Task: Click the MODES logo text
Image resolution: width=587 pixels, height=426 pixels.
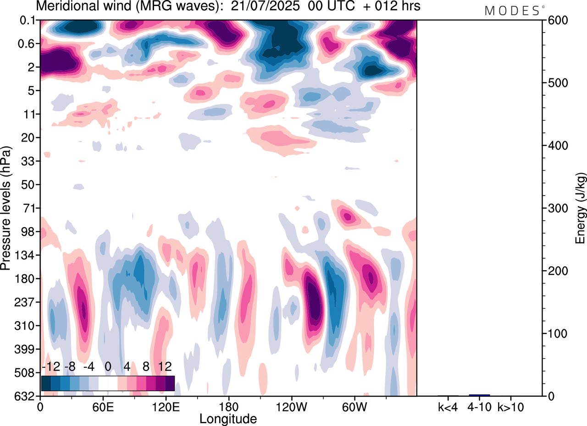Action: point(512,11)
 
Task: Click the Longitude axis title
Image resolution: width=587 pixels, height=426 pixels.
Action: point(228,418)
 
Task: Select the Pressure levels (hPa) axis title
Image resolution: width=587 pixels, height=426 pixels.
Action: point(6,208)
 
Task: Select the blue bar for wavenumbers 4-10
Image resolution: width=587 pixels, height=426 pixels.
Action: point(479,395)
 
